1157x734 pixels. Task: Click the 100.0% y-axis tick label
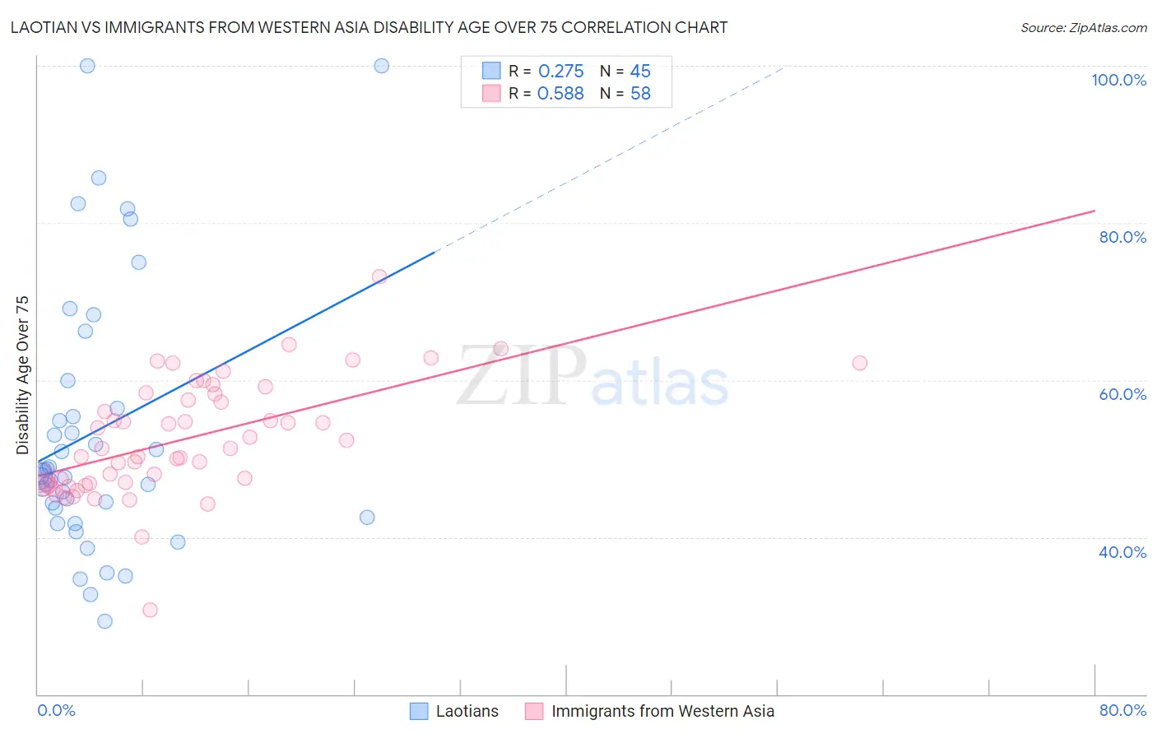(1118, 80)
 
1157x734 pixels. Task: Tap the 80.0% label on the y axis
(1122, 237)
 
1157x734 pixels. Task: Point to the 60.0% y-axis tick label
(1122, 394)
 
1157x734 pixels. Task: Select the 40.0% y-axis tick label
(1122, 552)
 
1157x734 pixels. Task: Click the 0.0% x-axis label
(56, 710)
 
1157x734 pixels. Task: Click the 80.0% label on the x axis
(1122, 710)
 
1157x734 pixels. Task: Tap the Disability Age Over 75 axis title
(22, 374)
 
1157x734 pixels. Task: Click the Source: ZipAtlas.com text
(1083, 28)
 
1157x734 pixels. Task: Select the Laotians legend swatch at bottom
(419, 711)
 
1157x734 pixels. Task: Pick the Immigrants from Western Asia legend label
(662, 711)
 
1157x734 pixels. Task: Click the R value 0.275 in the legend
(560, 72)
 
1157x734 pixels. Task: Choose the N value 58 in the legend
(640, 94)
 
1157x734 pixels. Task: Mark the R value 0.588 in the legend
(560, 94)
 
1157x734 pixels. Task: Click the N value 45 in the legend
(640, 72)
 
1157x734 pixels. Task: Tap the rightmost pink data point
(860, 363)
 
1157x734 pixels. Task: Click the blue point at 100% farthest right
(382, 66)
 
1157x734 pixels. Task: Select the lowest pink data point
(150, 610)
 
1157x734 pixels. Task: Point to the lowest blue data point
(105, 621)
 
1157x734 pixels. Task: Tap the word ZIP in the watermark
(522, 376)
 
